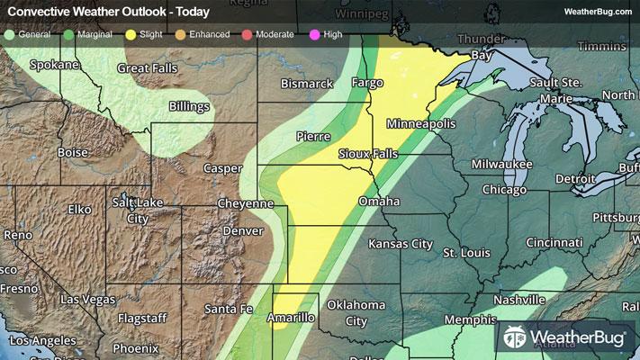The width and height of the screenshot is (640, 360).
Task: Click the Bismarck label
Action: tap(308, 83)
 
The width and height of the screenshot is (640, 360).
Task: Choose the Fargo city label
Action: tap(366, 83)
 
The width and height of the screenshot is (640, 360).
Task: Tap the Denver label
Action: tap(243, 230)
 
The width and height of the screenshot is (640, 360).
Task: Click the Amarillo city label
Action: tap(292, 318)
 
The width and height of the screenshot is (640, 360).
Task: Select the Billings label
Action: tap(189, 106)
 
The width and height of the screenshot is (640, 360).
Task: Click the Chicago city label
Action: tap(504, 190)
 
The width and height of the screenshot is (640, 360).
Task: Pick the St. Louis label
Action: tap(464, 254)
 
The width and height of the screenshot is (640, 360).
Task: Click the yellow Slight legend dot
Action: tap(131, 33)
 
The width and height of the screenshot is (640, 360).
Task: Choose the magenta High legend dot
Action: tap(313, 33)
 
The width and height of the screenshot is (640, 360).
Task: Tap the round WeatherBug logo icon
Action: tap(516, 338)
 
